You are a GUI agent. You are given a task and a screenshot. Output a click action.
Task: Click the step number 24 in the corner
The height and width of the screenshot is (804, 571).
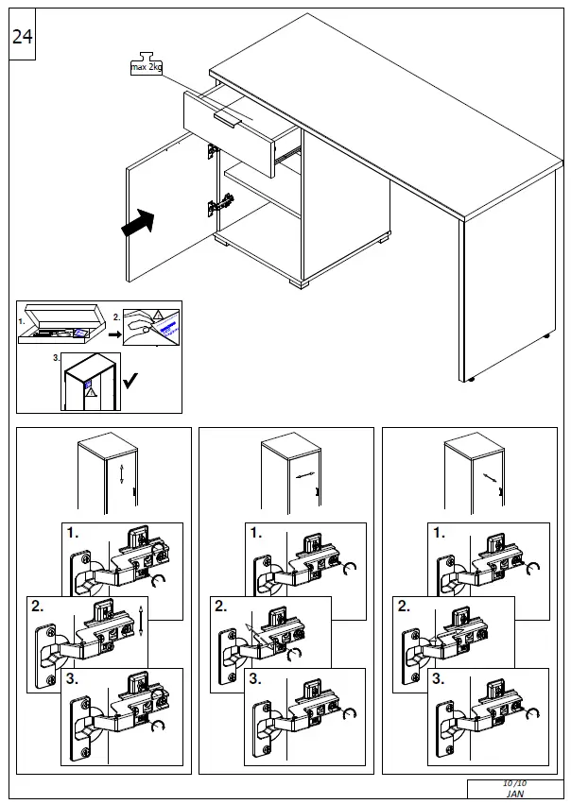coord(22,38)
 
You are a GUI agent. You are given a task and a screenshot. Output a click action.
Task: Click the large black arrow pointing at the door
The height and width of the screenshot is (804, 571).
coord(137,224)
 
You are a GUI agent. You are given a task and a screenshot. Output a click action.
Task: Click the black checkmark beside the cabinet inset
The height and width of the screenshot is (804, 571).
coord(131,380)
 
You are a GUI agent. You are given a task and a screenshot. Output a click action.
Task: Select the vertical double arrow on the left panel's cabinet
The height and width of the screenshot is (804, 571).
coord(121,474)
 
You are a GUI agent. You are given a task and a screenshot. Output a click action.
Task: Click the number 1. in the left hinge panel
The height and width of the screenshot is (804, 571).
coord(73,533)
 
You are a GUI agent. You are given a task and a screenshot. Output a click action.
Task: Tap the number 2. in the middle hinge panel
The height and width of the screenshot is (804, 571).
coord(220,607)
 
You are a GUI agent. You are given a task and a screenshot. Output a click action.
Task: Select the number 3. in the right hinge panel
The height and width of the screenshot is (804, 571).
coord(438,678)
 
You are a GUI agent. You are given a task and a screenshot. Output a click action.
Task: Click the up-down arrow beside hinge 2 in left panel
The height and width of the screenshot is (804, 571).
coord(141,620)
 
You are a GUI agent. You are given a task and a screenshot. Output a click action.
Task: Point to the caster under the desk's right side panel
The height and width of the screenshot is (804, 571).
coord(471,380)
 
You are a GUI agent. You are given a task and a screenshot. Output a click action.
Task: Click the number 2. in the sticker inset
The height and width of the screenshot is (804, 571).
coord(117,317)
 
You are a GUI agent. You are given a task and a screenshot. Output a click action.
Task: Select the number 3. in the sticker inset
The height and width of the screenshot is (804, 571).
coord(57,359)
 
